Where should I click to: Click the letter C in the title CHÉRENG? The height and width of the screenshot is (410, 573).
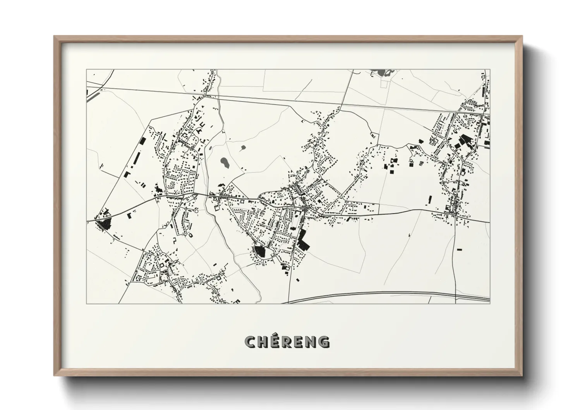pos(251,342)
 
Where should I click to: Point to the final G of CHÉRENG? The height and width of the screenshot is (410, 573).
pos(324,342)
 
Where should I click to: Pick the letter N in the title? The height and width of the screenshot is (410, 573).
pos(311,342)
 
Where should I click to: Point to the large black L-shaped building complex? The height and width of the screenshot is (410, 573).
pos(304,239)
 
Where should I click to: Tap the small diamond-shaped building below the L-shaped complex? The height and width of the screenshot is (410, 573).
pos(297,280)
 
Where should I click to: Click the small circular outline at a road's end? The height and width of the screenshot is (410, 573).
pos(197,211)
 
